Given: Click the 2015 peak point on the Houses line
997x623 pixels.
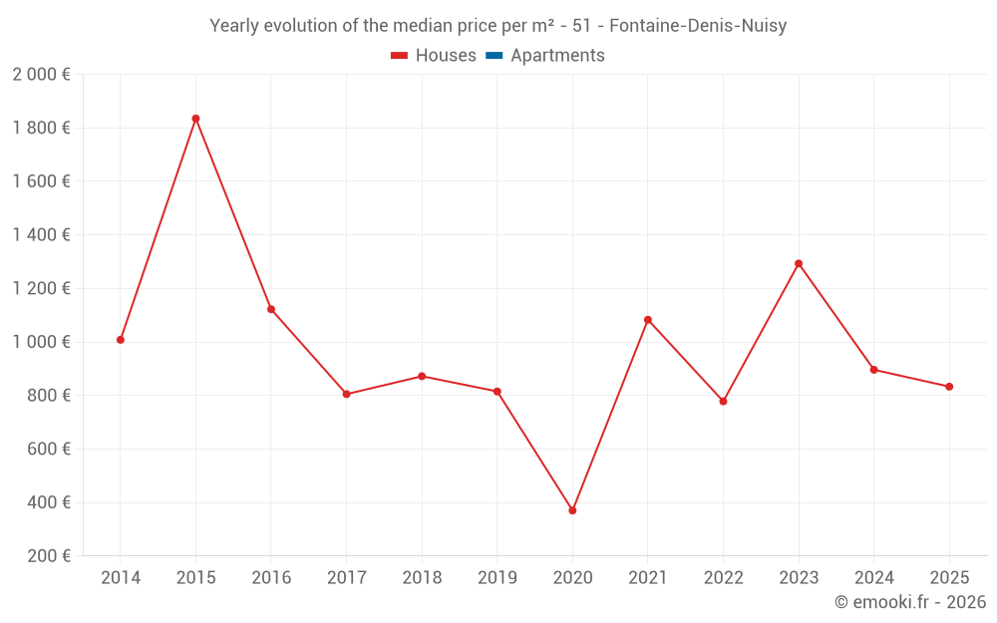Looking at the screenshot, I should click(x=195, y=119).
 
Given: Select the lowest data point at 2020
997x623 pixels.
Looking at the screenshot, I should click(x=572, y=510).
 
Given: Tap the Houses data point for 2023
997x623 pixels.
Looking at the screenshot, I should click(x=799, y=263).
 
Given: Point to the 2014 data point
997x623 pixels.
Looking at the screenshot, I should click(x=121, y=340).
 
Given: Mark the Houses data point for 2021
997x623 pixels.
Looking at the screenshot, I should click(x=648, y=320).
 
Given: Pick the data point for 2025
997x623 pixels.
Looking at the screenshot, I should click(x=949, y=387).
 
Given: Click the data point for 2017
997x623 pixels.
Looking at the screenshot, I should click(x=346, y=394).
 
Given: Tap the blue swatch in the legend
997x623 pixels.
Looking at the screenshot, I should click(x=495, y=56).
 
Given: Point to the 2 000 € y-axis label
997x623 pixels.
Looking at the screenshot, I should click(x=41, y=75).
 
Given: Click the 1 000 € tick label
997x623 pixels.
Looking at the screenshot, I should click(x=41, y=342).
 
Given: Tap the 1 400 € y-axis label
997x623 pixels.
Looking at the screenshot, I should click(x=41, y=235).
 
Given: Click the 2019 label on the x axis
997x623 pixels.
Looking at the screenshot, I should click(x=498, y=578).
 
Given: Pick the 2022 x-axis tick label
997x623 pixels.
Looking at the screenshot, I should click(x=723, y=578).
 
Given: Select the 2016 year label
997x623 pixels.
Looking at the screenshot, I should click(x=271, y=578).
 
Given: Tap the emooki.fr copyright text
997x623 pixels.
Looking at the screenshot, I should click(x=910, y=602).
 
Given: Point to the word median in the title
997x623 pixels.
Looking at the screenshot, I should click(x=454, y=26).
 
